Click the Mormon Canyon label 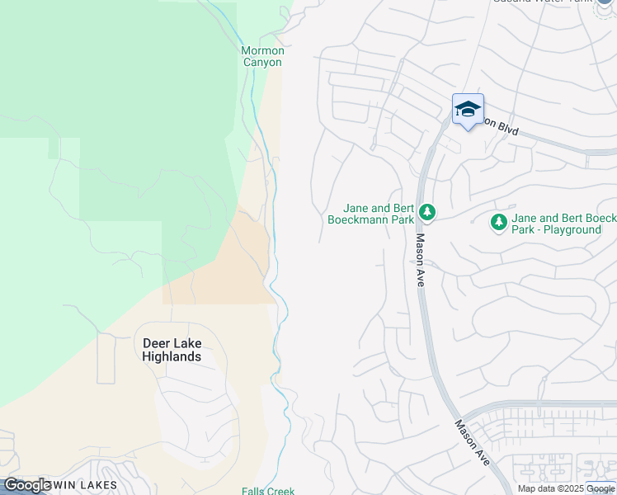261,56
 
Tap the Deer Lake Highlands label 172,350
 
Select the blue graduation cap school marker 468,109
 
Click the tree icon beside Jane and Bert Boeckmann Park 426,213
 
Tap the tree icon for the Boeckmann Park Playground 498,222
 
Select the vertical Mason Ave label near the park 420,260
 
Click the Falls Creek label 268,491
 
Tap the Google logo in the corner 27,485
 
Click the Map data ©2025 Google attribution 567,488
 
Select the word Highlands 172,356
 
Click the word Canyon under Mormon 262,62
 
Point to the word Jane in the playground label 525,219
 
